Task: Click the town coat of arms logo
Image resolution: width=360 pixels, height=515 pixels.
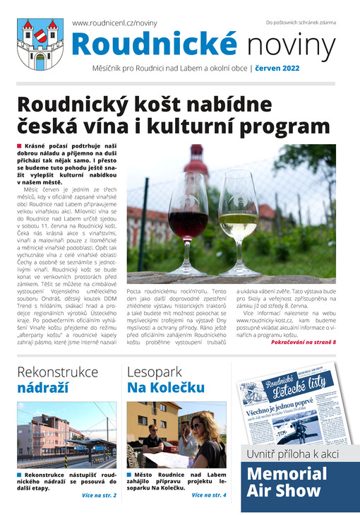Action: (40, 44)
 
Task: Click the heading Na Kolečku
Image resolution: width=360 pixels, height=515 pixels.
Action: (166, 387)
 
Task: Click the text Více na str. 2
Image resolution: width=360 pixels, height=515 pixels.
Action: (99, 495)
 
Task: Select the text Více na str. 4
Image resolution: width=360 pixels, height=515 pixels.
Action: (208, 495)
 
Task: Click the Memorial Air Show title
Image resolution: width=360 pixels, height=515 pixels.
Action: (287, 483)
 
